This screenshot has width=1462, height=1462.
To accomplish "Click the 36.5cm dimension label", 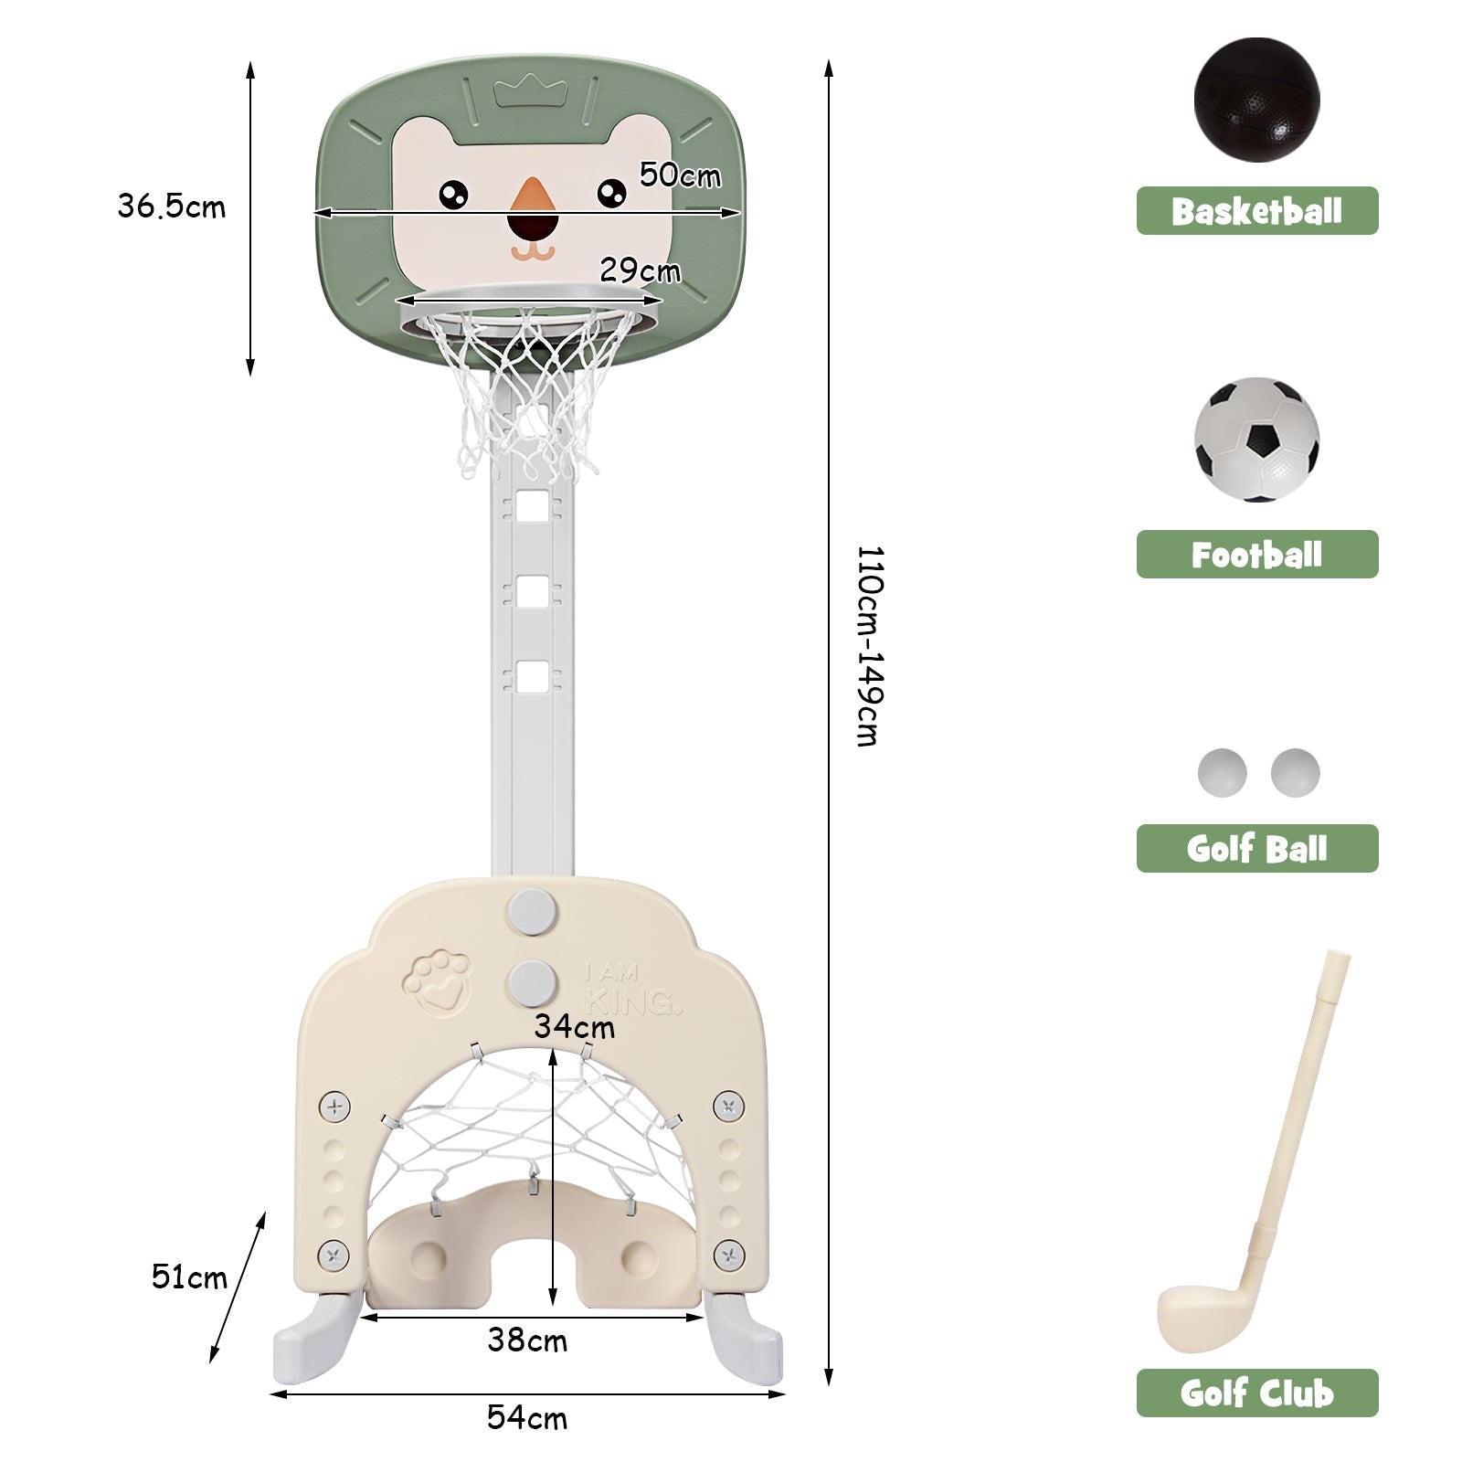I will pyautogui.click(x=171, y=207).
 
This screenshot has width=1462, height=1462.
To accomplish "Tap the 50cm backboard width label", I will pyautogui.click(x=680, y=175).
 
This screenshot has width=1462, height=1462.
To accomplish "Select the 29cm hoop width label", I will pyautogui.click(x=640, y=270).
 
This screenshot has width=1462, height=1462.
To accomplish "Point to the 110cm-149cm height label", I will pyautogui.click(x=869, y=646).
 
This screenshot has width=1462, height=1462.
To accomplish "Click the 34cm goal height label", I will pyautogui.click(x=574, y=1026).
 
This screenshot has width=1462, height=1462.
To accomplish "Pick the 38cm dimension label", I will pyautogui.click(x=527, y=1340).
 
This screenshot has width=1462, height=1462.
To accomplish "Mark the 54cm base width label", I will pyautogui.click(x=527, y=1417).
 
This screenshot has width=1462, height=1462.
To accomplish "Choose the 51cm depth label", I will pyautogui.click(x=189, y=1277).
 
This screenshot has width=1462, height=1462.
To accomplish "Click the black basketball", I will pyautogui.click(x=1256, y=100).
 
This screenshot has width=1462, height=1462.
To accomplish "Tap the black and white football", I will pyautogui.click(x=1256, y=440).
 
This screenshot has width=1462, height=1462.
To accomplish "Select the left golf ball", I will pyautogui.click(x=1222, y=773).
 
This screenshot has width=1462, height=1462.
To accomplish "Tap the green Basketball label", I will pyautogui.click(x=1256, y=211).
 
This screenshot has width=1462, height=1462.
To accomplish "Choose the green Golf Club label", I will pyautogui.click(x=1256, y=1393).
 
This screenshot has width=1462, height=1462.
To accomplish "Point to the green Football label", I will pyautogui.click(x=1256, y=555).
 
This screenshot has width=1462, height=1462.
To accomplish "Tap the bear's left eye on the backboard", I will pyautogui.click(x=453, y=194).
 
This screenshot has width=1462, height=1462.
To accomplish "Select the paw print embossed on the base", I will pyautogui.click(x=438, y=982).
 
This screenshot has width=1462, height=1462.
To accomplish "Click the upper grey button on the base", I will pyautogui.click(x=534, y=910).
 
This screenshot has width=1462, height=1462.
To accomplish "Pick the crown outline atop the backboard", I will pyautogui.click(x=530, y=91).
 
